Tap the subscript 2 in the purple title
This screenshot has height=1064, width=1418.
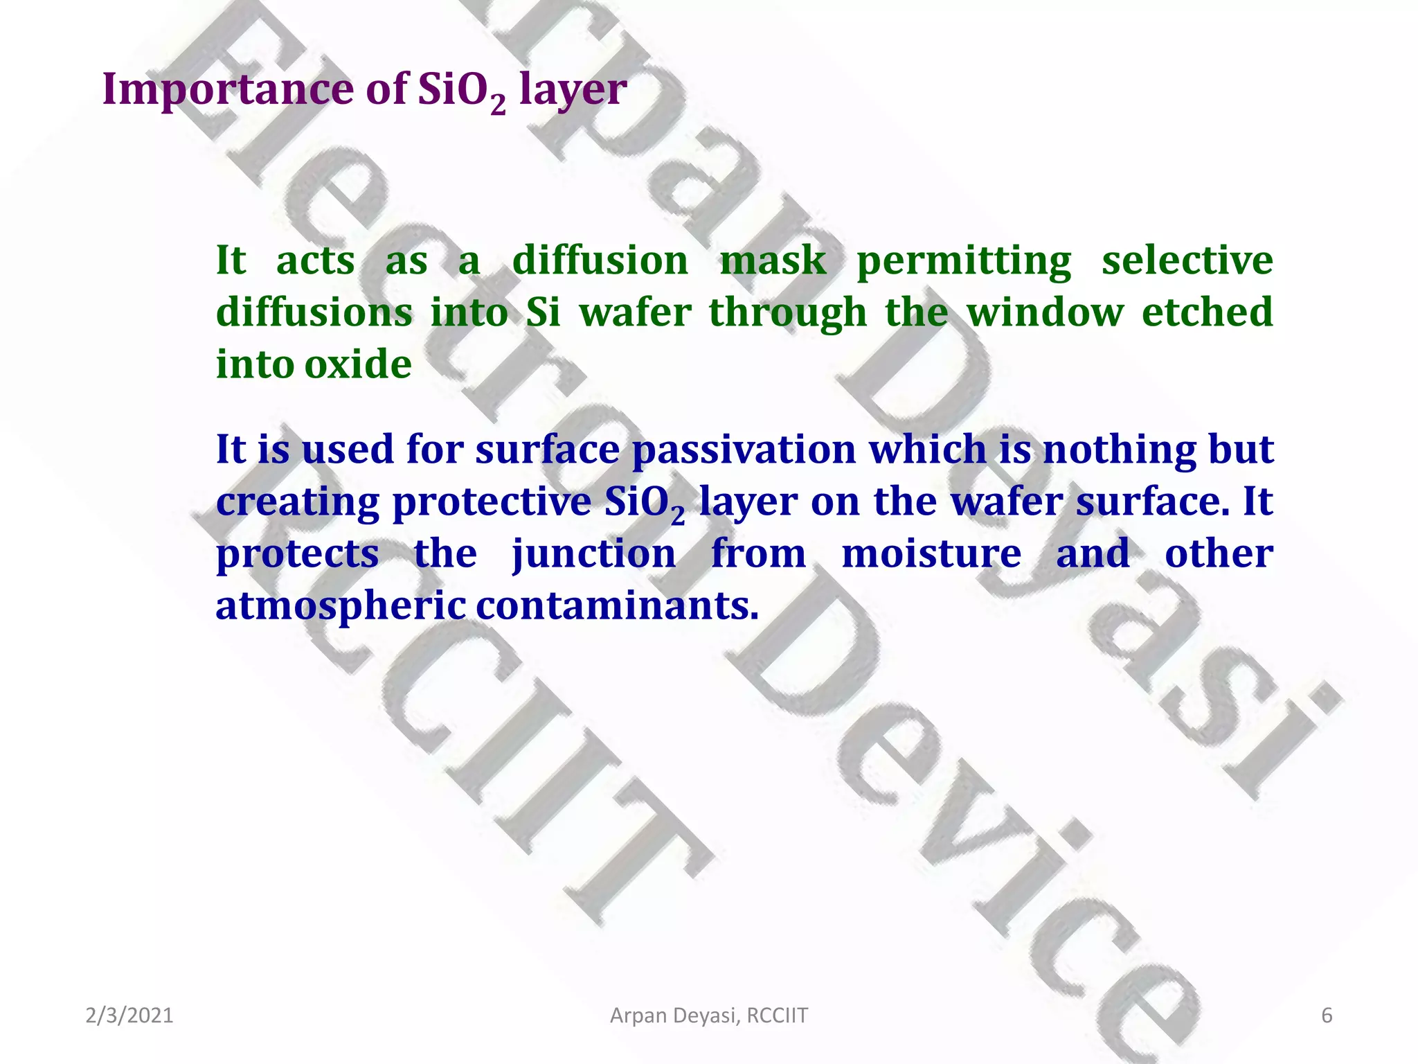[x=497, y=105]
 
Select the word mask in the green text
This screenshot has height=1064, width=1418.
[x=773, y=261]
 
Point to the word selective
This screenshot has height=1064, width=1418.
[x=1187, y=261]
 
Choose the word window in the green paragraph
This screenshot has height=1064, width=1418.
[x=1045, y=313]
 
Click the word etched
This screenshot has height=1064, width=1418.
[x=1207, y=312]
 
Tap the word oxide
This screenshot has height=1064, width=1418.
[x=358, y=365]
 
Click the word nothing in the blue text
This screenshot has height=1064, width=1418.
[x=1119, y=450]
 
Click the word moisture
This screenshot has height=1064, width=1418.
[x=931, y=554]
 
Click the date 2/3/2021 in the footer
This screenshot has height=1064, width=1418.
[x=129, y=1016]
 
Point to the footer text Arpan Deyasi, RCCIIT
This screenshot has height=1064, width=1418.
[x=708, y=1016]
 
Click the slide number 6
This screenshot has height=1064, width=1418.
[x=1327, y=1016]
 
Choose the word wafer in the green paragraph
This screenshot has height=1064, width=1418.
[x=635, y=313]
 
